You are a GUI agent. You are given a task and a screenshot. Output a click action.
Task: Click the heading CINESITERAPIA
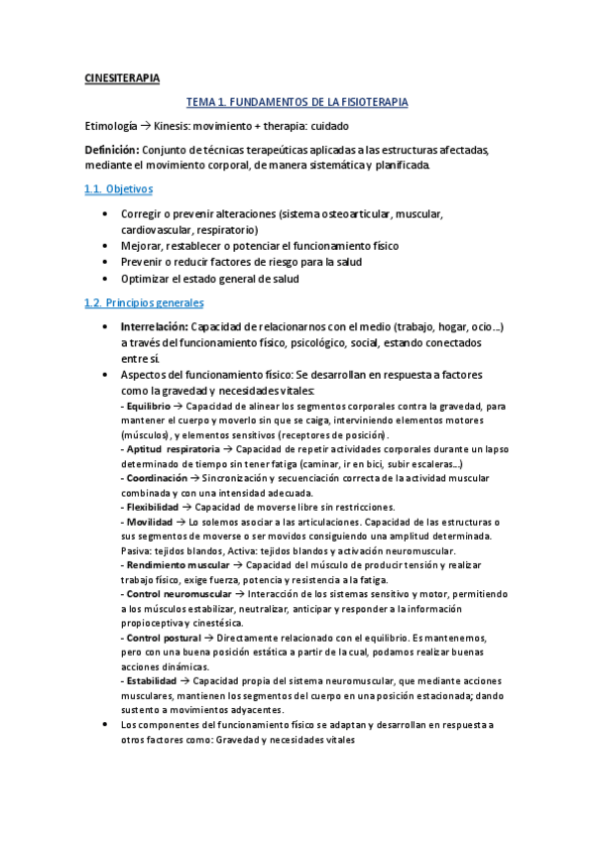[x=121, y=78]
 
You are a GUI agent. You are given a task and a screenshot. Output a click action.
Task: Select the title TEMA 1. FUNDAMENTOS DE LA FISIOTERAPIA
[x=297, y=102]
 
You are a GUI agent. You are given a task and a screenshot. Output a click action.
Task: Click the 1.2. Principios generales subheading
[x=144, y=302]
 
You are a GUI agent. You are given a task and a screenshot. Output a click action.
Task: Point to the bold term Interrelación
[x=153, y=326]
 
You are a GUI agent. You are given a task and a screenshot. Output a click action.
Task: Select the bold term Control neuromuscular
[x=177, y=594]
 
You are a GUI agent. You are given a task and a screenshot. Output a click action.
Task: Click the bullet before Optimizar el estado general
[x=107, y=279]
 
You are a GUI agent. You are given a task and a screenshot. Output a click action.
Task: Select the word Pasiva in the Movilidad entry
[x=134, y=550]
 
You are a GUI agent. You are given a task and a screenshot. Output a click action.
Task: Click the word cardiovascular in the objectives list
[x=156, y=229]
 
